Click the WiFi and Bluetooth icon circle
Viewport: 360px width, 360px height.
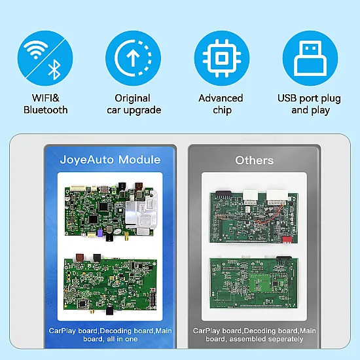pyautogui.click(x=45, y=58)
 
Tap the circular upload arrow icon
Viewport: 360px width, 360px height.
pyautogui.click(x=133, y=58)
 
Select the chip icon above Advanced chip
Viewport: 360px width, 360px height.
pyautogui.click(x=222, y=58)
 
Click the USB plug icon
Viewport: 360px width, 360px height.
pyautogui.click(x=310, y=58)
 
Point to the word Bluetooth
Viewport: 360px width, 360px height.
pyautogui.click(x=45, y=110)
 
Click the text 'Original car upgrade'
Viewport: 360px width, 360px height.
pyautogui.click(x=134, y=104)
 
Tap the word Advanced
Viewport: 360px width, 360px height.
pyautogui.click(x=221, y=98)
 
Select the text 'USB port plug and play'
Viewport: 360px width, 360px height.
pyautogui.click(x=310, y=104)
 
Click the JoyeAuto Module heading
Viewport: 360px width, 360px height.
pyautogui.click(x=110, y=160)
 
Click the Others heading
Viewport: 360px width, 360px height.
pyautogui.click(x=255, y=160)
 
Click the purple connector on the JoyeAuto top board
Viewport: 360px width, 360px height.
pyautogui.click(x=99, y=233)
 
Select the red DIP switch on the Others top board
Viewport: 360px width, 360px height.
pyautogui.click(x=287, y=240)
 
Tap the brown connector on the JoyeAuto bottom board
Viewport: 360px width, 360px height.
pyautogui.click(x=80, y=257)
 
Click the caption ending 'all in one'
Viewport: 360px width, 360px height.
pyautogui.click(x=110, y=334)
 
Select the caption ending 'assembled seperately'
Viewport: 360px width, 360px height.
pyautogui.click(x=255, y=334)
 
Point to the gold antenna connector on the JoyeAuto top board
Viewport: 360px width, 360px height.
pyautogui.click(x=127, y=236)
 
